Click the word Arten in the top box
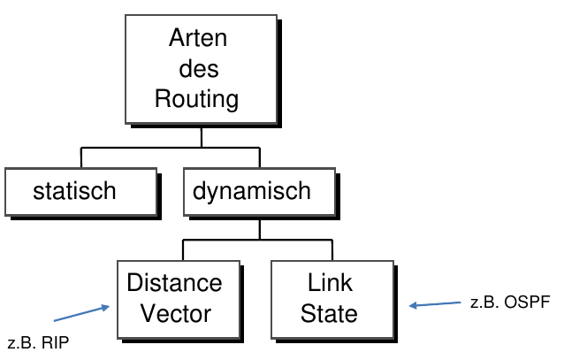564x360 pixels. [x=197, y=39]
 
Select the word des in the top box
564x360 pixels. [x=198, y=68]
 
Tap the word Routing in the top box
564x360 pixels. [x=197, y=98]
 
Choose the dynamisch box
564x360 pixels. [x=252, y=191]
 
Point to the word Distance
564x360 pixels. [x=174, y=283]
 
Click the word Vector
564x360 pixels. [x=174, y=313]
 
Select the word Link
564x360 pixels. [x=330, y=283]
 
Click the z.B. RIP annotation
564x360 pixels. [x=37, y=344]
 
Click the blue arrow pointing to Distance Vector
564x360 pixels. [x=81, y=313]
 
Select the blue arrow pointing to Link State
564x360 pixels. [x=434, y=305]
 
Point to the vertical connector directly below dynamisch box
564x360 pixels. [x=258, y=227]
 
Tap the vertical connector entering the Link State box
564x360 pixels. [x=330, y=249]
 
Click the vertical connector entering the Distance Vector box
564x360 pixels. [x=183, y=249]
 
